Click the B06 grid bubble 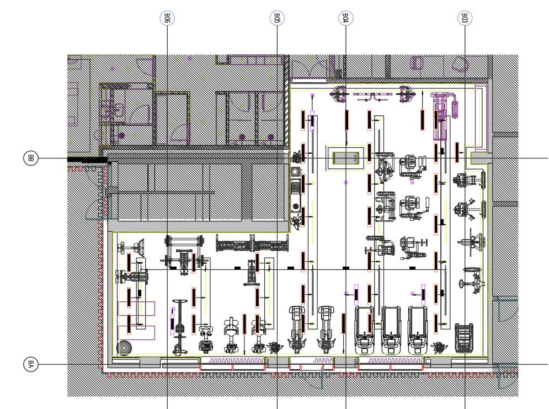(x=167, y=18)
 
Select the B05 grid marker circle (x=277, y=18)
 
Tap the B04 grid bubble (x=345, y=18)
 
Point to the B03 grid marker (x=465, y=18)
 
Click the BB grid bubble (x=30, y=158)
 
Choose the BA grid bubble (x=30, y=364)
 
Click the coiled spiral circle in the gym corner (x=124, y=348)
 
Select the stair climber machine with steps (x=464, y=338)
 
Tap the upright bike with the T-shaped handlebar (x=179, y=327)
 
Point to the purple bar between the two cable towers (x=372, y=97)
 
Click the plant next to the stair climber (x=439, y=347)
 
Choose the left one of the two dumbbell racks (x=233, y=243)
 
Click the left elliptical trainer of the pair (x=296, y=330)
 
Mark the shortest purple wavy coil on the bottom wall (x=322, y=360)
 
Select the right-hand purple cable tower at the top (x=406, y=94)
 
